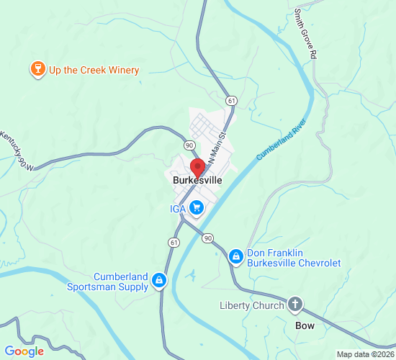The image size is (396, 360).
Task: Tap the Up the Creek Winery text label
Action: tap(94, 70)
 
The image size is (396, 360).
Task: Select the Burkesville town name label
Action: tap(197, 181)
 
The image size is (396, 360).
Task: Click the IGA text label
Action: tap(178, 209)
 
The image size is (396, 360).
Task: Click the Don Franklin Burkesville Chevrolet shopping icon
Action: tap(235, 256)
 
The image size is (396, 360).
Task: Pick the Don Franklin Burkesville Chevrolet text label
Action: tap(294, 258)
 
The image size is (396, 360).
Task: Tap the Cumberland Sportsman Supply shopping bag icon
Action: tap(159, 281)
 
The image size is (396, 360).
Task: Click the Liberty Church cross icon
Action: tap(294, 305)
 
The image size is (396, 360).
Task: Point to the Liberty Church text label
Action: tap(252, 305)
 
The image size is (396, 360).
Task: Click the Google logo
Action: tap(24, 351)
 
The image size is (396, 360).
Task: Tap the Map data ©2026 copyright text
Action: tap(365, 354)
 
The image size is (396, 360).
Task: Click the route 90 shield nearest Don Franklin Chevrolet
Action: tap(207, 238)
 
